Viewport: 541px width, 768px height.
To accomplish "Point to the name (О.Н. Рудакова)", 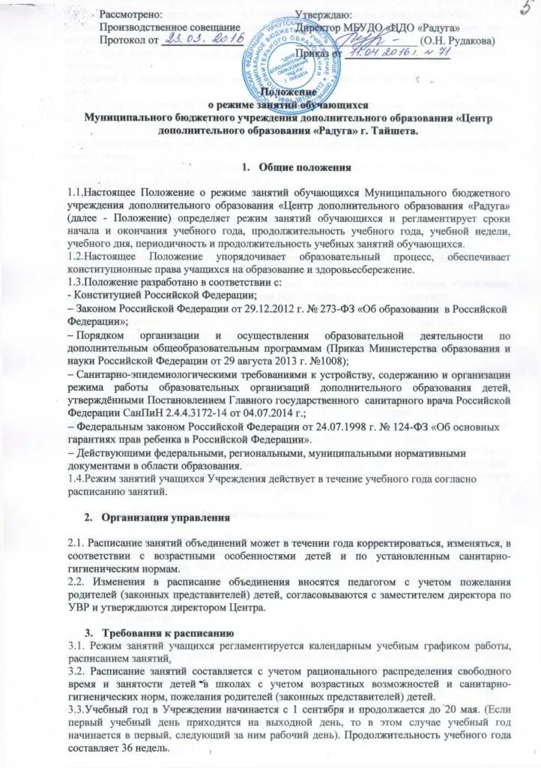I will pyautogui.click(x=457, y=40).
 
